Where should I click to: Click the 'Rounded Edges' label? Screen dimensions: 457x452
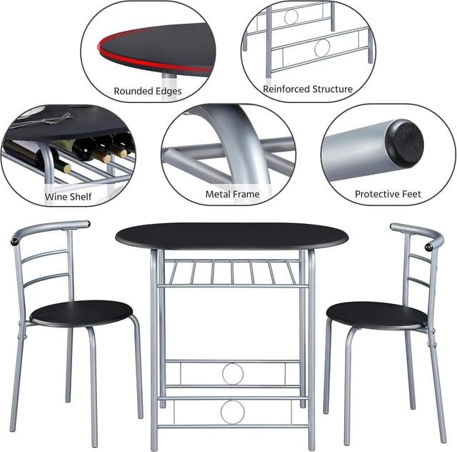(148, 91)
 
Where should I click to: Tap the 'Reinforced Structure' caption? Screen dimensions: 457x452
(308, 89)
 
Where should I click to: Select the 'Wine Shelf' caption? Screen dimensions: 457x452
(69, 197)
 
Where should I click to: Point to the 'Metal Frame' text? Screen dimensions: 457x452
(232, 194)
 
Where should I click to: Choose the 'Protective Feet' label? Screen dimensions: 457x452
(388, 194)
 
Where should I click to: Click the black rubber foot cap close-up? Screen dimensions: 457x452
(405, 143)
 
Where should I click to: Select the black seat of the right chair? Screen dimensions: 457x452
(376, 315)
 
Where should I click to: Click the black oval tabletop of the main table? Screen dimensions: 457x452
(231, 236)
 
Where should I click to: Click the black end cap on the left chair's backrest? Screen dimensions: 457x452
(14, 242)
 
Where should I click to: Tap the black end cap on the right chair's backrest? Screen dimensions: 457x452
(428, 247)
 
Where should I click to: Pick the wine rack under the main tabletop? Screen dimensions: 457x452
(232, 272)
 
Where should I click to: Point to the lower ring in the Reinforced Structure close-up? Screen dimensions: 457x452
(322, 48)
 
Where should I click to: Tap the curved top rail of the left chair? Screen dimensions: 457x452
(49, 228)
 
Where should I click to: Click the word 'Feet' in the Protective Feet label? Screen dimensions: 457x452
(411, 194)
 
